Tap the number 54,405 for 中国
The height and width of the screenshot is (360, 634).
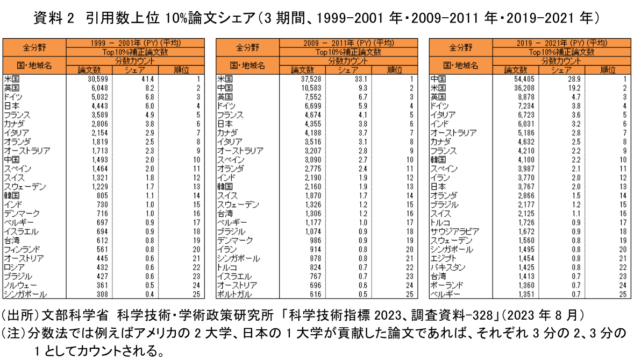pyautogui.click(x=524, y=79)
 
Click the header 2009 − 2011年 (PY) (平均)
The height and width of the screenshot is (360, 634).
pyautogui.click(x=348, y=43)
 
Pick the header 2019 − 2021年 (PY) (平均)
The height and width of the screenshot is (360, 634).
pyautogui.click(x=561, y=43)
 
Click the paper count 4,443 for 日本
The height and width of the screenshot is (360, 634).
pyautogui.click(x=99, y=106)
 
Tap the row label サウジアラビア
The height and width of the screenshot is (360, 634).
pyautogui.click(x=454, y=232)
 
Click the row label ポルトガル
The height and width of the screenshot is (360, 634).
pyautogui.click(x=234, y=294)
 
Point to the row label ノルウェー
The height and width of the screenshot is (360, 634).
pyautogui.click(x=20, y=286)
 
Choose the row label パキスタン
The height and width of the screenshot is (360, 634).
pyautogui.click(x=447, y=267)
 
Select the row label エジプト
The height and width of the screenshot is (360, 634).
pyautogui.click(x=443, y=258)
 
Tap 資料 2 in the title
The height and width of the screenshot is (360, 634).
pyautogui.click(x=54, y=18)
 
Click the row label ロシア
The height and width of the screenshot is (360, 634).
pyautogui.click(x=14, y=267)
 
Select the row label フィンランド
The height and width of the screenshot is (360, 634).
pyautogui.click(x=22, y=250)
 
